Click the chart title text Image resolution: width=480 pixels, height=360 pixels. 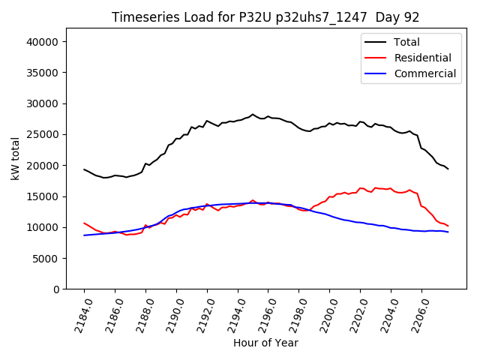265,17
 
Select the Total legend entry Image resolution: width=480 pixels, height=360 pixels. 406,42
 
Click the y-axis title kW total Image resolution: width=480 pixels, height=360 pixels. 16,159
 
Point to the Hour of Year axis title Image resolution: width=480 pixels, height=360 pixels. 265,343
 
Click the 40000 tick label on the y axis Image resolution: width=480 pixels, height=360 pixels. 43,42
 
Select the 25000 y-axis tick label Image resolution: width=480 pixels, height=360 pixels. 43,135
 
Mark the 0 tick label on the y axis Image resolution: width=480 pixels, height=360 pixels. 56,289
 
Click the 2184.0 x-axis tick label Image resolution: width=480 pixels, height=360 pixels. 79,315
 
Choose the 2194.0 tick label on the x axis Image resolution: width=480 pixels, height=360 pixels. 232,315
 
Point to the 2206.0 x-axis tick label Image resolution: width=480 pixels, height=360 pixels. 416,315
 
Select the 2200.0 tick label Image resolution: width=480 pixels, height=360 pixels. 325,315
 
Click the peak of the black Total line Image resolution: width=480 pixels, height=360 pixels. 253,114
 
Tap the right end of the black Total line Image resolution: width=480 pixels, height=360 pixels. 448,169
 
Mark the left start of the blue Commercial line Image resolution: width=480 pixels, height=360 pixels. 84,235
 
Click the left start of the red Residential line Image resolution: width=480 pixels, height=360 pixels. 84,223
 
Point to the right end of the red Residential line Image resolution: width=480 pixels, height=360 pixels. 448,226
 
